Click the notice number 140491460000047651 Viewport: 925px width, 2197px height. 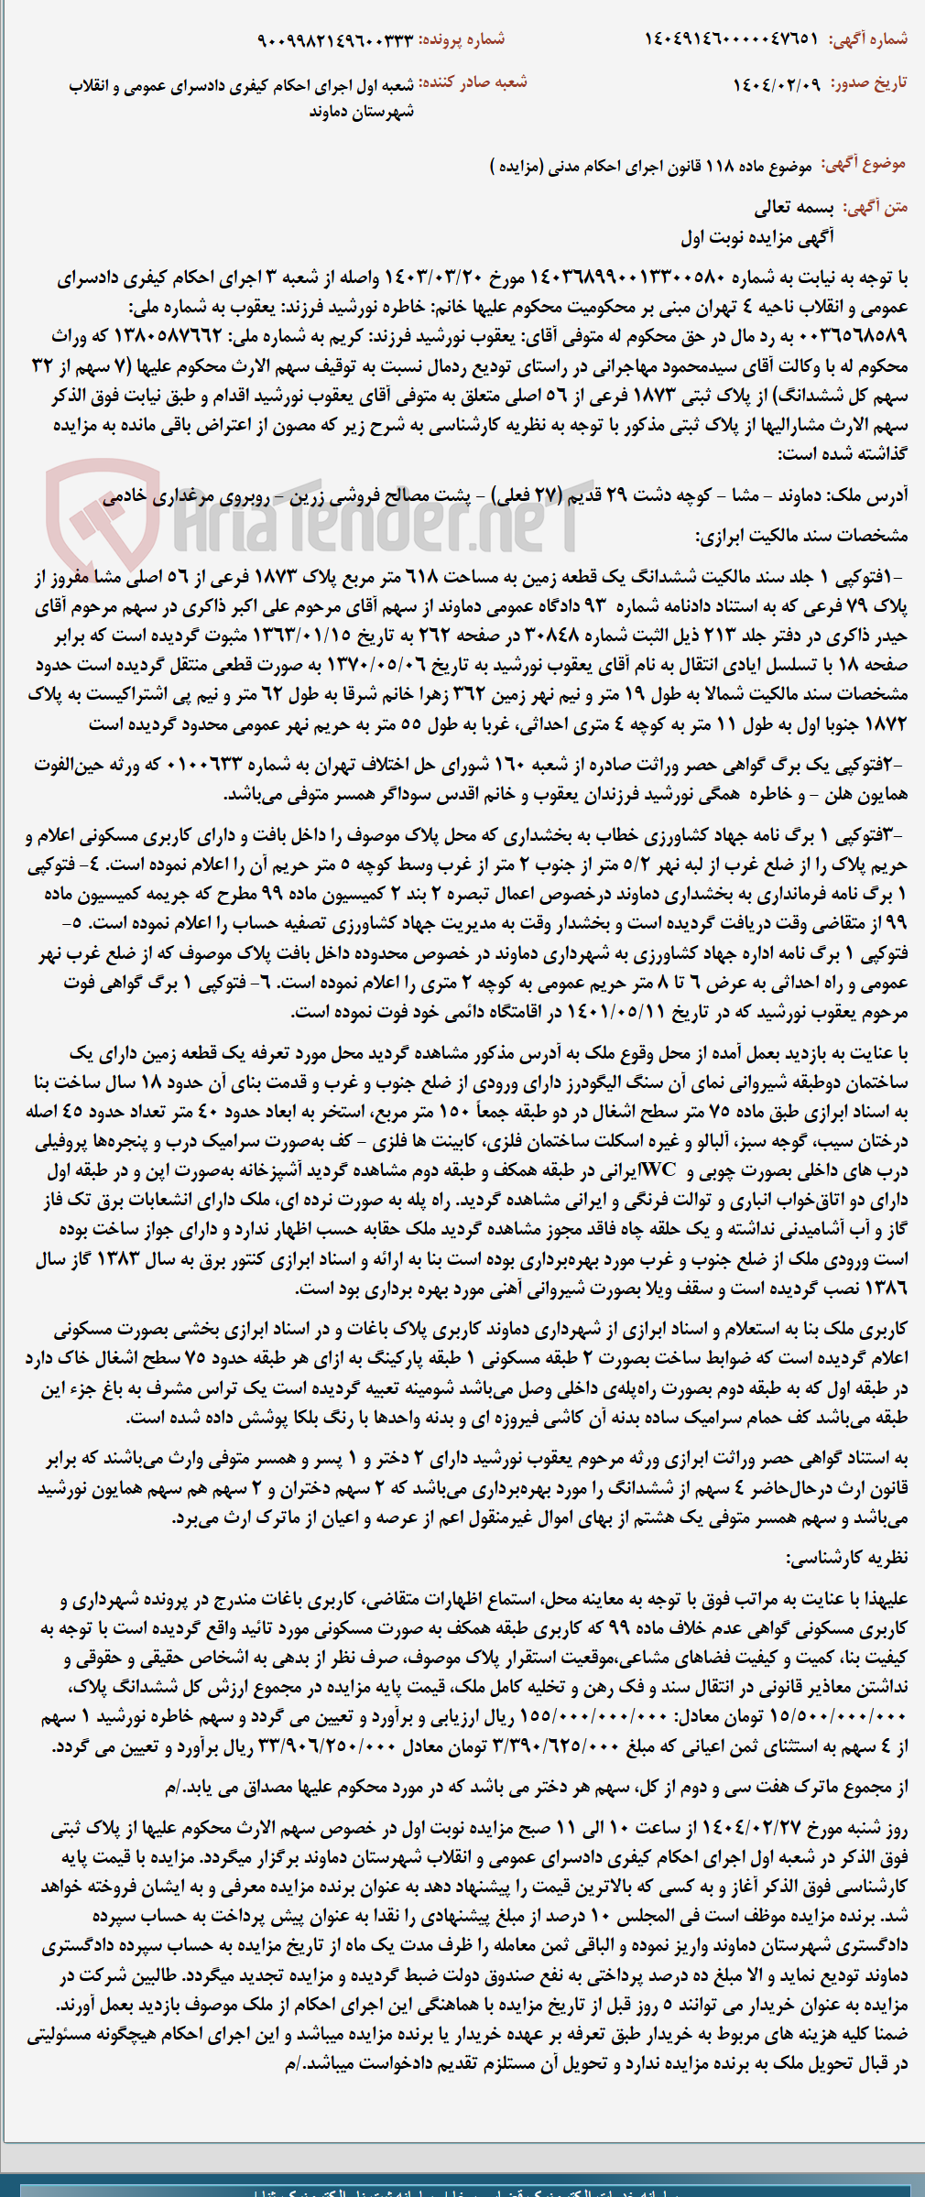pyautogui.click(x=731, y=38)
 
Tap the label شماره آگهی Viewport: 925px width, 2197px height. pyautogui.click(x=868, y=38)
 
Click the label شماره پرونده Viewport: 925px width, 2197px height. pyautogui.click(x=462, y=40)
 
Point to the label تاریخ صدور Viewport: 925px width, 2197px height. pyautogui.click(x=869, y=83)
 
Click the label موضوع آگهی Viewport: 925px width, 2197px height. pyautogui.click(x=864, y=165)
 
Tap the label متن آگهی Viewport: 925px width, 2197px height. pyautogui.click(x=875, y=207)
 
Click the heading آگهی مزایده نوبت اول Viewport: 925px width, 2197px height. pyautogui.click(x=757, y=237)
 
